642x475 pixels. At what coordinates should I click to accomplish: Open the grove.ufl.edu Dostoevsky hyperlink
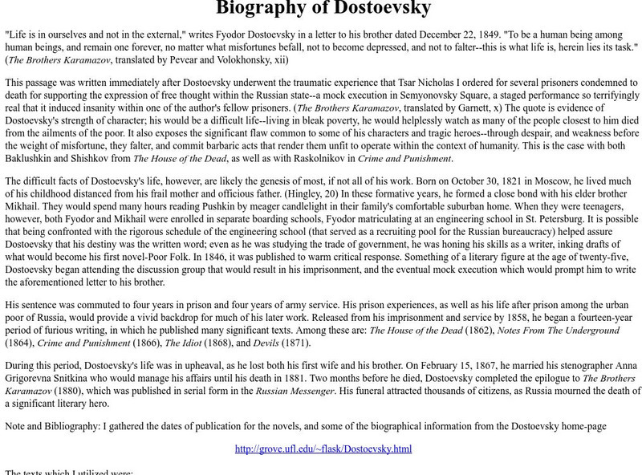point(323,449)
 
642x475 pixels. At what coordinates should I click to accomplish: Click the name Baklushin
point(31,158)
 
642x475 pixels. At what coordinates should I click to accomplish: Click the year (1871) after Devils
point(294,343)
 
